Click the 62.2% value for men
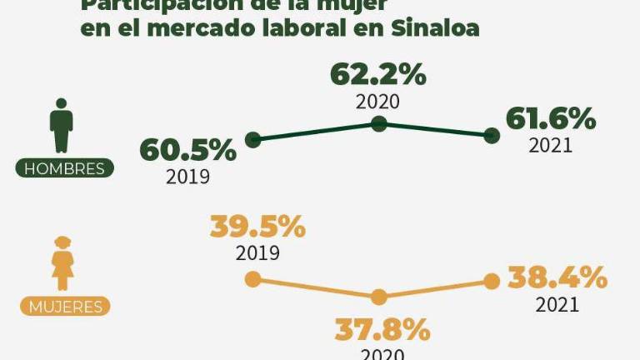(x=378, y=74)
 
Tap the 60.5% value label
(x=187, y=150)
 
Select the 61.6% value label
(x=551, y=119)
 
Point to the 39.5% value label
(x=257, y=227)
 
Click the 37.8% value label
(x=382, y=330)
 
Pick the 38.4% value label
(x=558, y=277)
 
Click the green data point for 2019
(x=253, y=140)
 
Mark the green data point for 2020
(x=379, y=123)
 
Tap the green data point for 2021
(x=492, y=135)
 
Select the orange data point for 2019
(x=252, y=280)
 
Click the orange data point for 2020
(x=379, y=297)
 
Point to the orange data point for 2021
(x=492, y=282)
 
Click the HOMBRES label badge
(x=65, y=168)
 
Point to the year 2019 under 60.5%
(x=187, y=177)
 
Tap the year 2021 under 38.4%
(x=557, y=304)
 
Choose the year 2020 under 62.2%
(x=378, y=102)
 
